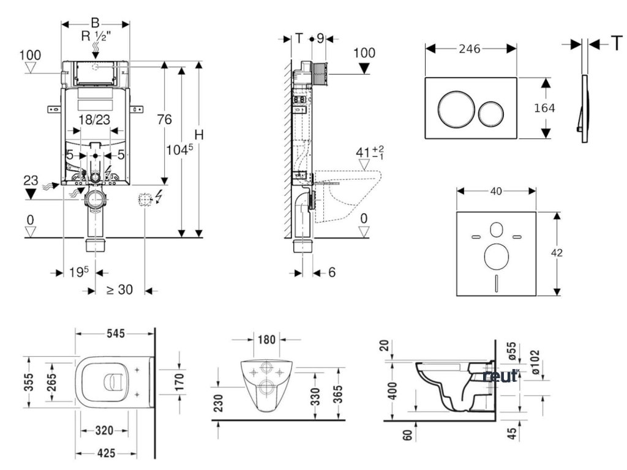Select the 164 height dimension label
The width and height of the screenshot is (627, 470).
pos(544,108)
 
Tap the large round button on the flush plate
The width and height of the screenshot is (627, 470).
pos(453,108)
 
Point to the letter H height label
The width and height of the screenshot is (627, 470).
pos(197,135)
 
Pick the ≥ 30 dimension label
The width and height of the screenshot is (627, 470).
pos(119,290)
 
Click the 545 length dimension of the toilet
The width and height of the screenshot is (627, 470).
pos(115,334)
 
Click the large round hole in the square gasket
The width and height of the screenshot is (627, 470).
pos(497,256)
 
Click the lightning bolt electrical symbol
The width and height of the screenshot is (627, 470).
pos(160,196)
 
